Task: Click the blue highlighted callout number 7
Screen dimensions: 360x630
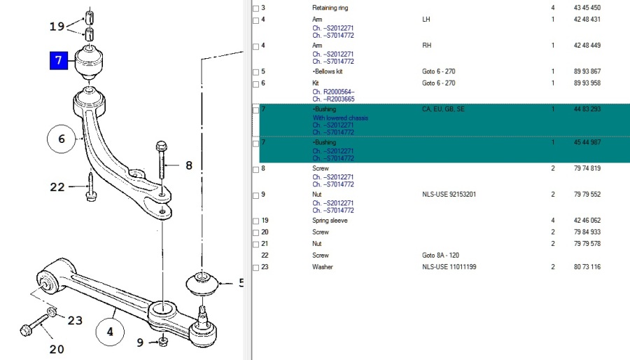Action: (59, 61)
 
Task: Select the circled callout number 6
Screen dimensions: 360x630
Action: (61, 139)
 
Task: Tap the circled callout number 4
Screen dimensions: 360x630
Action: (109, 332)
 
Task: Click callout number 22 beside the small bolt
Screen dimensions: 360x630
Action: (58, 186)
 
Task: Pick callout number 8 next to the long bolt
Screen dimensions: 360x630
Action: (188, 166)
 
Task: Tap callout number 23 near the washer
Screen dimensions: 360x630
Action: (75, 320)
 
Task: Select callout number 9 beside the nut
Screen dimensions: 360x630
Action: (141, 342)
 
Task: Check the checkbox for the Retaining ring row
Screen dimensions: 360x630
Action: (255, 8)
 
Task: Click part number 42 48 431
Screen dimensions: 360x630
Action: (587, 19)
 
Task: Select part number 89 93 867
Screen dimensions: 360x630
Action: (587, 71)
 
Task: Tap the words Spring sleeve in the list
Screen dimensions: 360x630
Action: (329, 221)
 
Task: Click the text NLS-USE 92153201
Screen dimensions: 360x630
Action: (449, 194)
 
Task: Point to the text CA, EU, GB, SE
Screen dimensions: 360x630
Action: (443, 109)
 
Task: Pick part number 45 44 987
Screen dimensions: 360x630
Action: (587, 142)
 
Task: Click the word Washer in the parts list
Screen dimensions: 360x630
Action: (323, 267)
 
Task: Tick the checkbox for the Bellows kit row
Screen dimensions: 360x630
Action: (255, 71)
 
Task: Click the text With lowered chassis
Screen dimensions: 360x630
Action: (340, 118)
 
